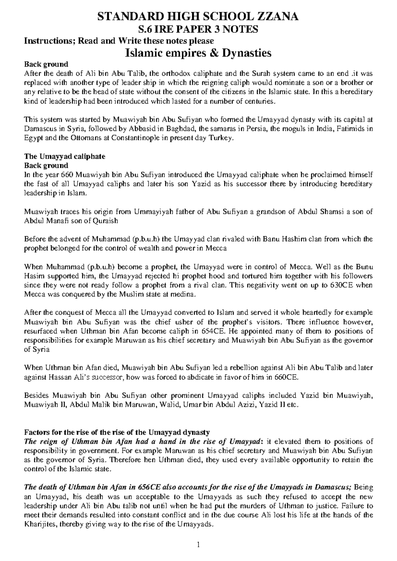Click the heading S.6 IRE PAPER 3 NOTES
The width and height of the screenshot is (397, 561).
coord(198,29)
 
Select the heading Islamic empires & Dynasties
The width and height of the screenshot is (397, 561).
coord(198,52)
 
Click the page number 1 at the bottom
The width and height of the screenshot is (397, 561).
coord(198,544)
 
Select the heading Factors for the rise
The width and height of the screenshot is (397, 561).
coord(117,432)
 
